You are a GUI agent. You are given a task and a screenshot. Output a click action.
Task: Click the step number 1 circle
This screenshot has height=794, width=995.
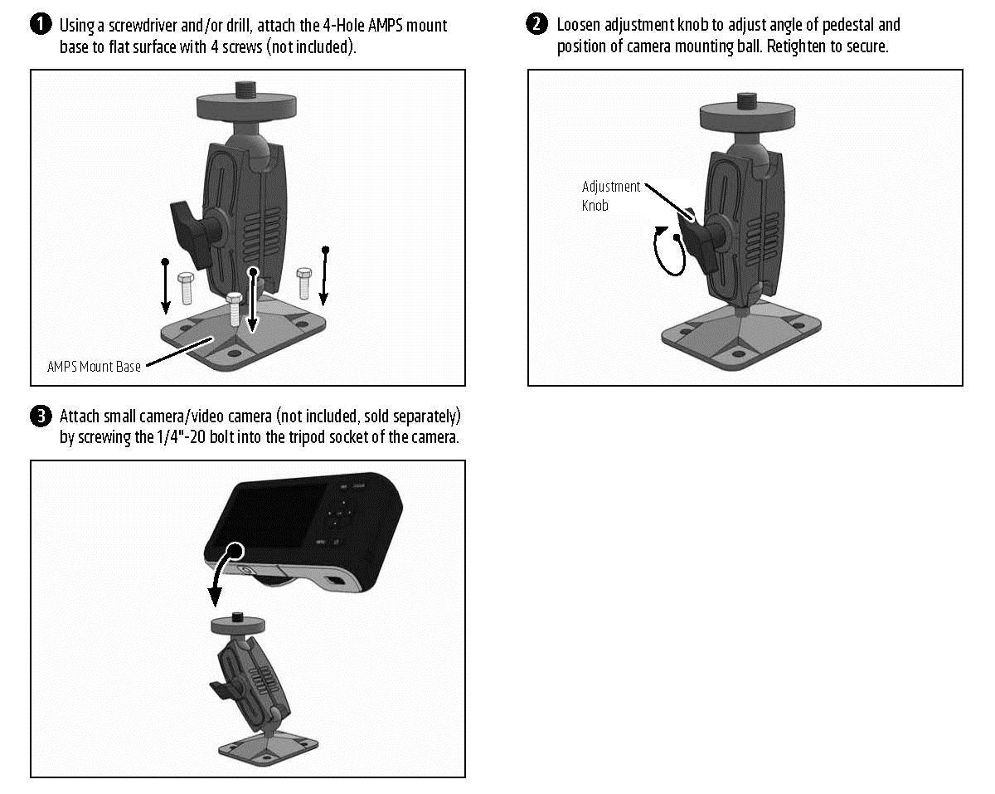click(41, 25)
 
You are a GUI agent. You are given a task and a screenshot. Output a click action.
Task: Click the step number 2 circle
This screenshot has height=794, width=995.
click(538, 25)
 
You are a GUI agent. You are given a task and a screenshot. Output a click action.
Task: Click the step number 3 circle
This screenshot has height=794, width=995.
click(41, 416)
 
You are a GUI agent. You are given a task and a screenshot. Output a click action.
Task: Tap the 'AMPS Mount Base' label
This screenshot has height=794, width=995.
click(94, 366)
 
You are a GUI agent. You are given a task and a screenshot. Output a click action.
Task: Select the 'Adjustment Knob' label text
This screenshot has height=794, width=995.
click(610, 196)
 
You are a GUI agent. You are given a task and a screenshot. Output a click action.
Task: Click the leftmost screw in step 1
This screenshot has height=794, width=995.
click(186, 286)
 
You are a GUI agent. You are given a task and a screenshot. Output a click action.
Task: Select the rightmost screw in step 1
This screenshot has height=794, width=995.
click(304, 282)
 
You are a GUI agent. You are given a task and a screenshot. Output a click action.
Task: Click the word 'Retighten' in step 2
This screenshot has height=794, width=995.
click(797, 46)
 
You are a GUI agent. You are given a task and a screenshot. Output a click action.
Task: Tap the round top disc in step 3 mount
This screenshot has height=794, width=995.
click(236, 625)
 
